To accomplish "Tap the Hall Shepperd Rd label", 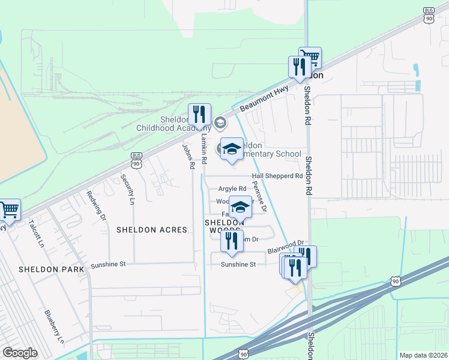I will (277, 176).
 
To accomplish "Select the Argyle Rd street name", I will (232, 188).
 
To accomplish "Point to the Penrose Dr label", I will (259, 197).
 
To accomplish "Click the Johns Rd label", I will (189, 155).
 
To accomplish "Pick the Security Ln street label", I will (127, 188).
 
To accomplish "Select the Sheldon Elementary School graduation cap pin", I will (232, 150).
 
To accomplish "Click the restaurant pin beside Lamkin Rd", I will (199, 115).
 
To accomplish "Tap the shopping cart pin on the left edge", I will (9, 211).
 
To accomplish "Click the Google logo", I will (20, 353).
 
